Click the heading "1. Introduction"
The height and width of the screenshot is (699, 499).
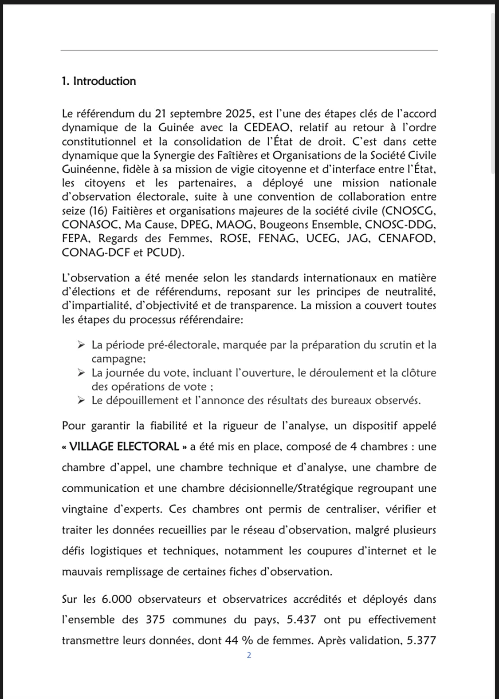pyautogui.click(x=99, y=81)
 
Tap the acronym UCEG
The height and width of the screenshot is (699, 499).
pyautogui.click(x=321, y=239)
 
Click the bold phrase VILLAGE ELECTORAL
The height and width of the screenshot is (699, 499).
pyautogui.click(x=125, y=446)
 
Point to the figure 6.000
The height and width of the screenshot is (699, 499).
pyautogui.click(x=117, y=599)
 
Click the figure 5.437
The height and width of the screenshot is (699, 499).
pyautogui.click(x=302, y=620)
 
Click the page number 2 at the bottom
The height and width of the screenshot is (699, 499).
pyautogui.click(x=249, y=656)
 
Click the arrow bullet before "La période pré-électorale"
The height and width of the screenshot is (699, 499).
pyautogui.click(x=81, y=345)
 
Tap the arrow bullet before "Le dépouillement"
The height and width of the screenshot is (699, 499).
pyautogui.click(x=81, y=400)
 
